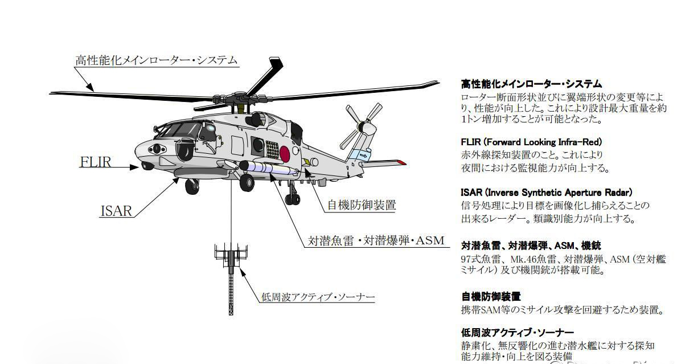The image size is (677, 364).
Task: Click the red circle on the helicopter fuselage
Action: [285, 153]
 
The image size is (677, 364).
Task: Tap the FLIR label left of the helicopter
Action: [96, 162]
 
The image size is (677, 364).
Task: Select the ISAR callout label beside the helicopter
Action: [116, 211]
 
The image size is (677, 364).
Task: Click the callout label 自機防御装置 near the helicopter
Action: [362, 205]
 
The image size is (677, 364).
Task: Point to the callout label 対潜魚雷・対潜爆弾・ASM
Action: [376, 240]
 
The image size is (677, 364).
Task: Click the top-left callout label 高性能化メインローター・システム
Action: [157, 60]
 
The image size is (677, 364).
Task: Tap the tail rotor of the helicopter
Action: [362, 125]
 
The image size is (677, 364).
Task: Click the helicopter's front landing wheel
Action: [192, 186]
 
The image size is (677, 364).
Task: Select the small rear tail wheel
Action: [293, 199]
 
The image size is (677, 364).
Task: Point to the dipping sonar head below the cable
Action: [231, 257]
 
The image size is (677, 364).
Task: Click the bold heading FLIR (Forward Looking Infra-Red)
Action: [531, 142]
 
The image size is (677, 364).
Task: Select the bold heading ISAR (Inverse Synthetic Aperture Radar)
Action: [546, 193]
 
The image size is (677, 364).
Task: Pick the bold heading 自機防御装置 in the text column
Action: [491, 297]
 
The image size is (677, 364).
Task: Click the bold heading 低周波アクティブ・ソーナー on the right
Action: [518, 333]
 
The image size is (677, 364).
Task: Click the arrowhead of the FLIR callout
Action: [134, 167]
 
